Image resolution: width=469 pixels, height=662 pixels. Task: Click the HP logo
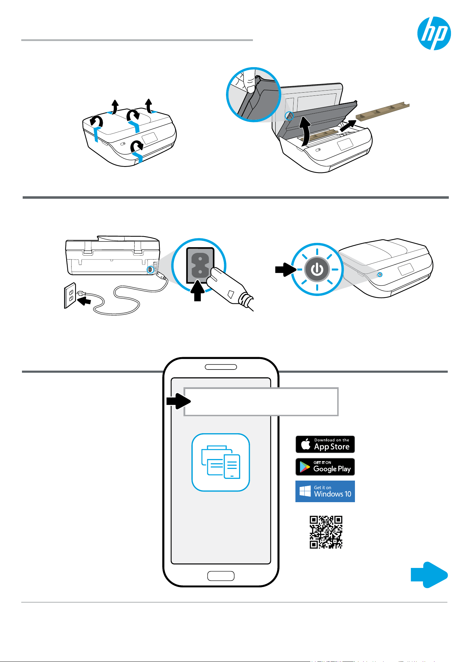434,33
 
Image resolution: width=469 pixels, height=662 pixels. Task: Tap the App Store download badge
325,444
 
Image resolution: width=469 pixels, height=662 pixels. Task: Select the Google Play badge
325,467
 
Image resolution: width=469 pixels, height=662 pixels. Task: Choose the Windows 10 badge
325,491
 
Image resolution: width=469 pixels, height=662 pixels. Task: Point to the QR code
326,532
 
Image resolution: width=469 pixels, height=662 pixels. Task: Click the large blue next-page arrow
429,575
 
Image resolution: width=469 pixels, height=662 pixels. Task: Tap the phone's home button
221,576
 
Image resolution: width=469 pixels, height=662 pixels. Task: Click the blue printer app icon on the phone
221,462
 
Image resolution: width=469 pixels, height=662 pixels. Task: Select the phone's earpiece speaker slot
221,367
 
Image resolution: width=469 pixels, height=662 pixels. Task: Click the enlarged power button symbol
317,269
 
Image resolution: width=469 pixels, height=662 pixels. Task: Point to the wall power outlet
70,296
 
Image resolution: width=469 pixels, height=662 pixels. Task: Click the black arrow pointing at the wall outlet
84,301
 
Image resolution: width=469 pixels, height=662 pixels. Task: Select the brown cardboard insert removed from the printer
383,112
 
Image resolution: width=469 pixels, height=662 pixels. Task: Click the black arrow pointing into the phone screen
179,401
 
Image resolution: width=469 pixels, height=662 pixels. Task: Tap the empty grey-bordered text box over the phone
261,401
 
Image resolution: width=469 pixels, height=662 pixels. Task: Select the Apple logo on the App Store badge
306,444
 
